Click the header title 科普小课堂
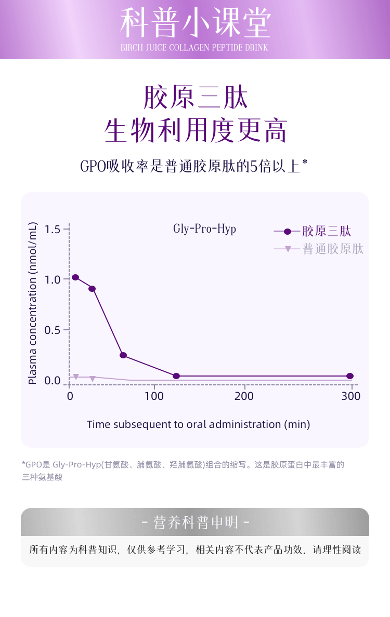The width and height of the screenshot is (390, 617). click(x=195, y=23)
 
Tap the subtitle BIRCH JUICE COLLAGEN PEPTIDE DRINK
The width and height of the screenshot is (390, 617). click(x=194, y=48)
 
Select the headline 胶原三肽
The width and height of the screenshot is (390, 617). click(x=195, y=97)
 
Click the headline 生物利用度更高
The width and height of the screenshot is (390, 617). click(x=195, y=130)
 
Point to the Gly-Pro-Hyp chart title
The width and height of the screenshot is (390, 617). click(x=204, y=229)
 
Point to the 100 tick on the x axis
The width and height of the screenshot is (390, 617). click(x=154, y=396)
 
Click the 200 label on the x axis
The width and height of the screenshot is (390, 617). click(x=244, y=396)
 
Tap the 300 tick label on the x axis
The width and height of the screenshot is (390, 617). click(x=351, y=396)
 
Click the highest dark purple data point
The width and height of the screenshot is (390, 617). click(x=75, y=277)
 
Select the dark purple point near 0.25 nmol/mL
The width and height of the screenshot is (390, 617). click(x=123, y=355)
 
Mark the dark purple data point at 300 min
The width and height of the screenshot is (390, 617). click(x=350, y=376)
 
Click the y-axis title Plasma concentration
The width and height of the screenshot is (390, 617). click(x=32, y=303)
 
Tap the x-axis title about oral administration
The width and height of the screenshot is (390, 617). click(x=198, y=424)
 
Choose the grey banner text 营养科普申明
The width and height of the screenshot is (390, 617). click(x=195, y=522)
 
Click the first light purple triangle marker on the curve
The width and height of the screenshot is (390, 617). click(x=76, y=377)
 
